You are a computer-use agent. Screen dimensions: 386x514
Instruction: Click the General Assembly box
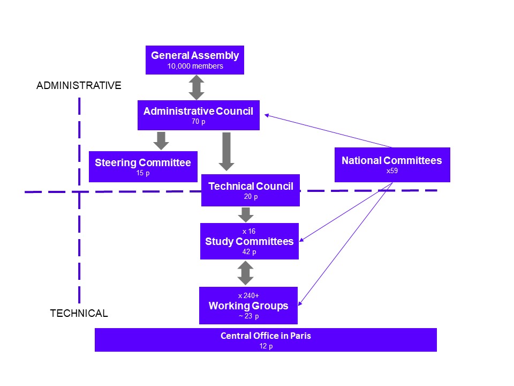(x=195, y=60)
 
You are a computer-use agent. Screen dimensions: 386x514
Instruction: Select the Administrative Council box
(x=198, y=115)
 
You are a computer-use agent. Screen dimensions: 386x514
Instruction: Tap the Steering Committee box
(x=143, y=167)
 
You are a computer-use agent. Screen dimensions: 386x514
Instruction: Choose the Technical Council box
(x=250, y=190)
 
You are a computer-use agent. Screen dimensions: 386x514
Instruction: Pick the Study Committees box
(x=249, y=241)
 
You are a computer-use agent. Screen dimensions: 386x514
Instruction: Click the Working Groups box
(x=248, y=306)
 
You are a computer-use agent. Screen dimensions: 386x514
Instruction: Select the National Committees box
(x=392, y=165)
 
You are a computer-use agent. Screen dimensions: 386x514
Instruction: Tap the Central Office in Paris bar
(x=266, y=340)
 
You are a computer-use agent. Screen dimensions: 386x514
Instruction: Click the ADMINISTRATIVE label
(x=79, y=85)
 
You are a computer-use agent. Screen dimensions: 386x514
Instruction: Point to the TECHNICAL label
(x=79, y=314)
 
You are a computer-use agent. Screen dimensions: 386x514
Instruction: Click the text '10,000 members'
(x=195, y=66)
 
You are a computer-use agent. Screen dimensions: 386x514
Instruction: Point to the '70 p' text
(x=198, y=122)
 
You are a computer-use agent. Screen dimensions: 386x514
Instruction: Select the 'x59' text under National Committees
(x=392, y=171)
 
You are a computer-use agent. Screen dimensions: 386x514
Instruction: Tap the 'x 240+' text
(x=248, y=295)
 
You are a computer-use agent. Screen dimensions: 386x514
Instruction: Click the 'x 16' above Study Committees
(x=249, y=231)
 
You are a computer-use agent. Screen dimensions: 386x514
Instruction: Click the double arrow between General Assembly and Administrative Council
(x=196, y=87)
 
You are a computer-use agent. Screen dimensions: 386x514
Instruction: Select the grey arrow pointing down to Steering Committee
(x=161, y=140)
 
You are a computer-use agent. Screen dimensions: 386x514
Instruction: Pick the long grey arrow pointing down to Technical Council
(x=226, y=152)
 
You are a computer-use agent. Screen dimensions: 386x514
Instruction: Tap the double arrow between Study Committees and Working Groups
(x=245, y=273)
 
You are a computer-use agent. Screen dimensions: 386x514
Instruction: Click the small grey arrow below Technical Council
(x=245, y=214)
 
